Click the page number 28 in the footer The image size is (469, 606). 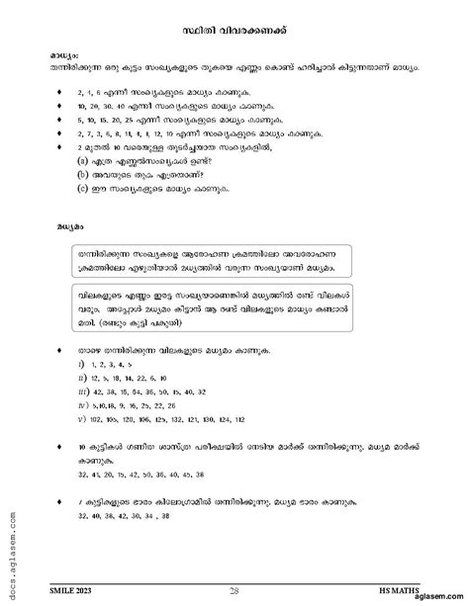point(234,587)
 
